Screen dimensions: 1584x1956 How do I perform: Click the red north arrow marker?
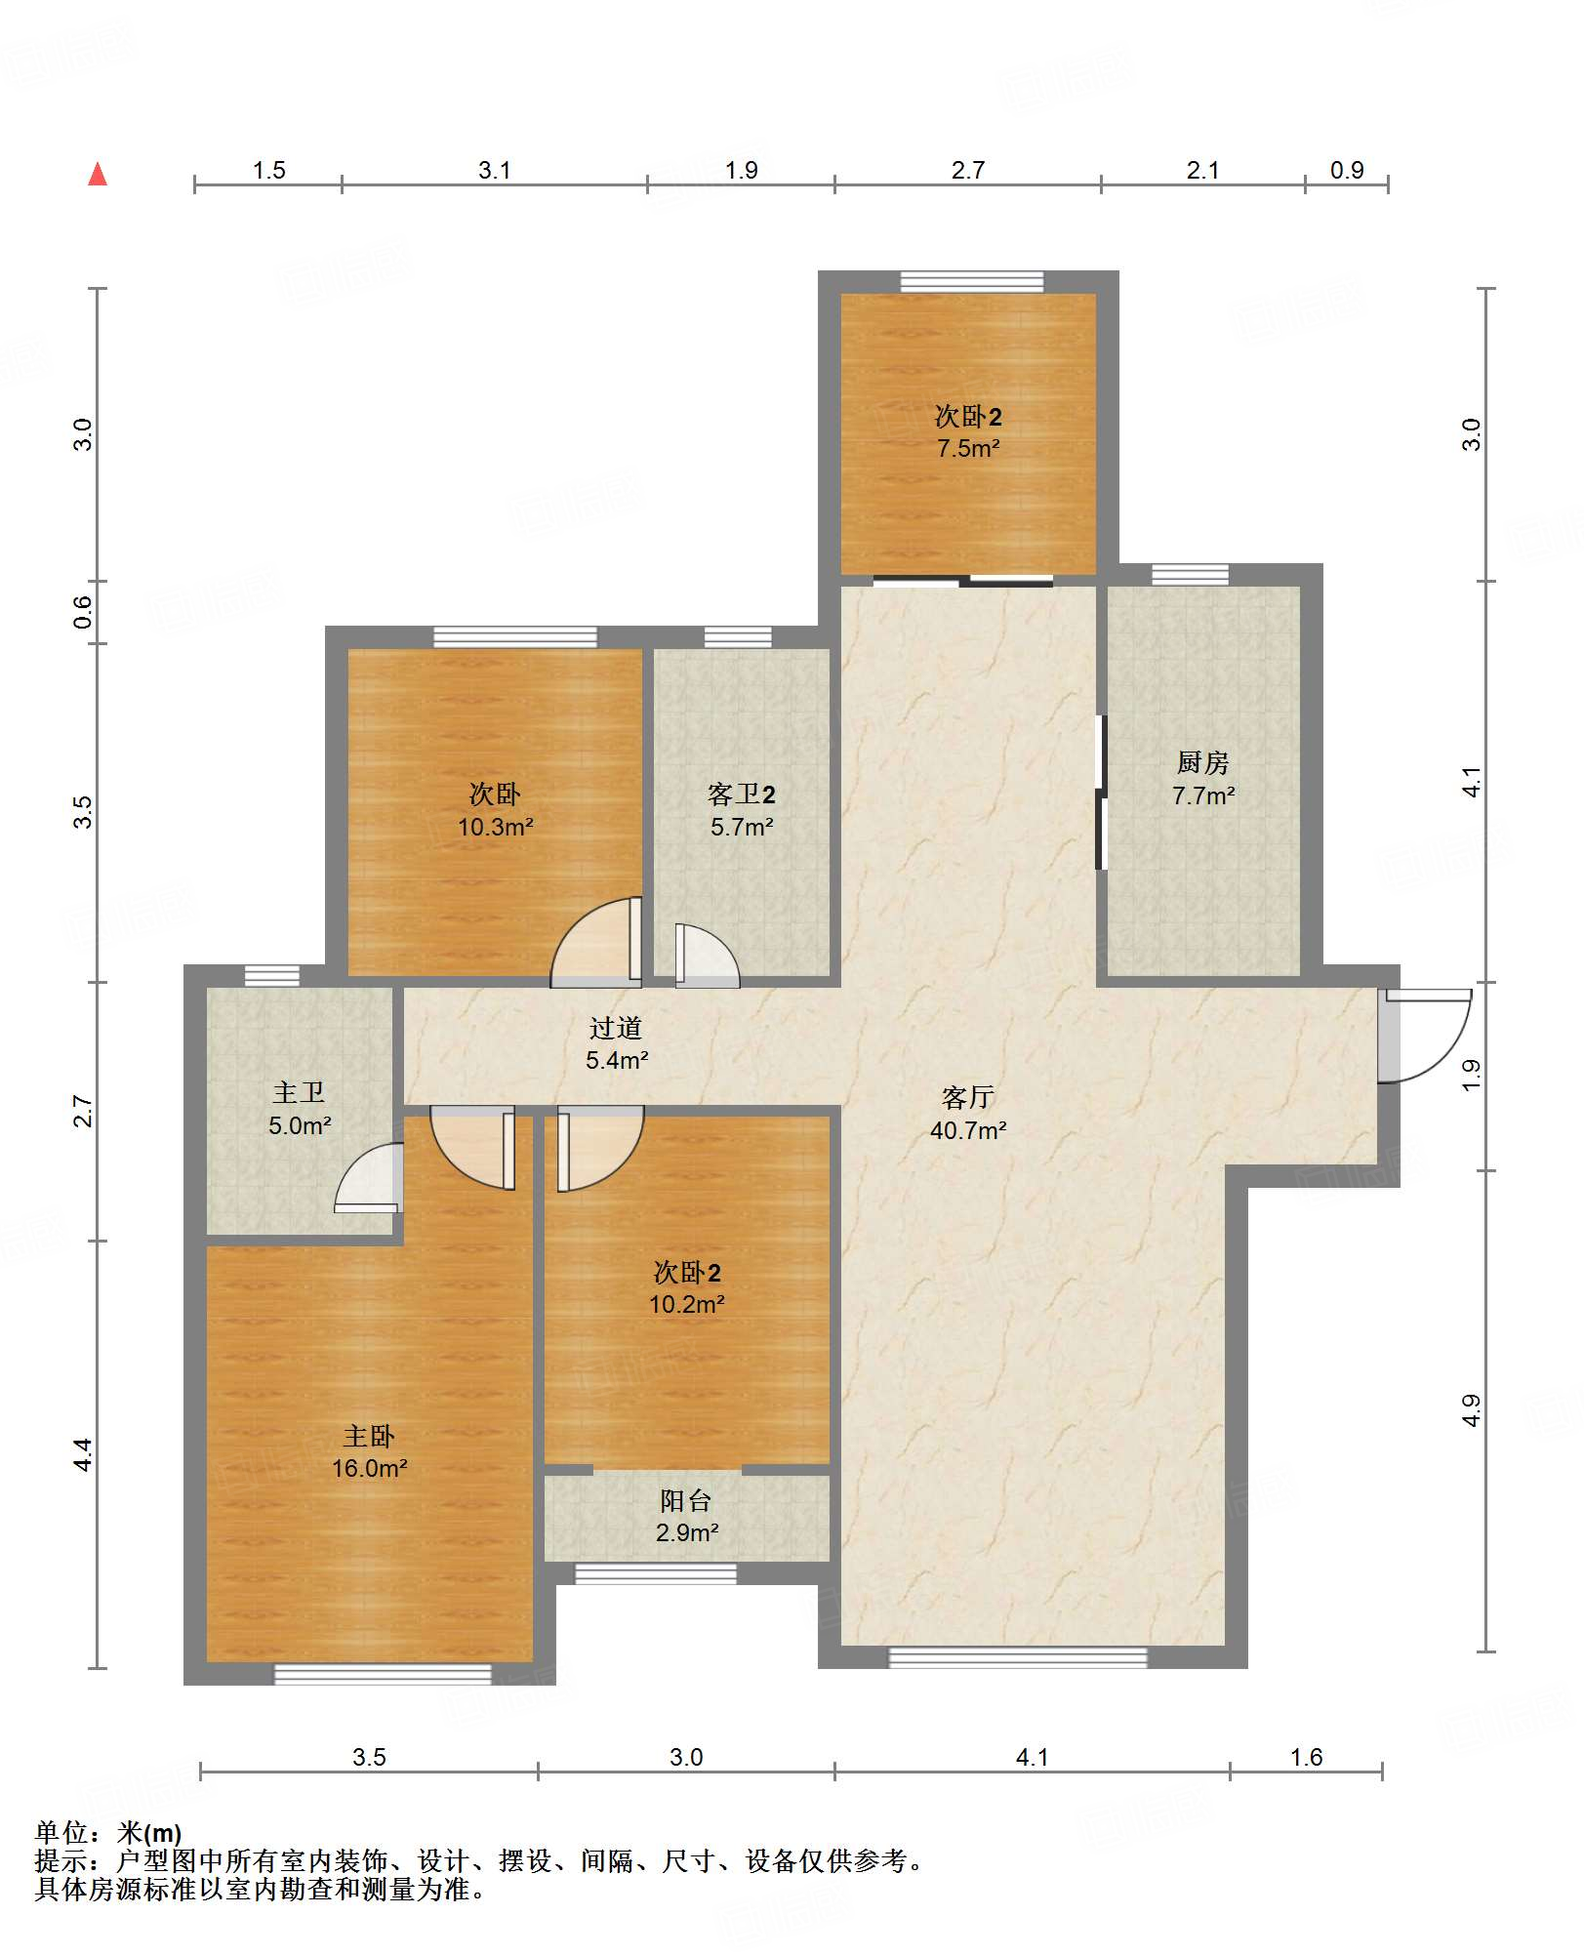[x=98, y=175]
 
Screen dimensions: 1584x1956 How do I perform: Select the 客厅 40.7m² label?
[x=968, y=1114]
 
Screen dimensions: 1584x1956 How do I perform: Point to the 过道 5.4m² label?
[x=617, y=1043]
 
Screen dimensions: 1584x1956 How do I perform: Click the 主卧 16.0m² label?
[x=369, y=1451]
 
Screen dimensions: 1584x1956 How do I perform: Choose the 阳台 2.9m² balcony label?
[x=686, y=1516]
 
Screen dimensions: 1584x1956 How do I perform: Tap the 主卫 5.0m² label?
[x=300, y=1109]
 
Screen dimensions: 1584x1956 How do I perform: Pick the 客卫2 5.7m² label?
[x=742, y=810]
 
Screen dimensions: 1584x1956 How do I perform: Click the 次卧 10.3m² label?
[x=495, y=810]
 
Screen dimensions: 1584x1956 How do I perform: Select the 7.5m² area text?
[x=968, y=448]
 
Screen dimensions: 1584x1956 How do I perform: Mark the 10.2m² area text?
[x=686, y=1304]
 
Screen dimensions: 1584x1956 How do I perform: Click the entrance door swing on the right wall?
[x=1425, y=1036]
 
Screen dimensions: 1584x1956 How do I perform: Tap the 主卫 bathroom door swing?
[x=368, y=1178]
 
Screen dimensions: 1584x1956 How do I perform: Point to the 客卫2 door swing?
[x=708, y=956]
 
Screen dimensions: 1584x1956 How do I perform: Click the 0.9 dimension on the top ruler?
[x=1347, y=170]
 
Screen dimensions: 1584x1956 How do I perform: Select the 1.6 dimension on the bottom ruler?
[x=1306, y=1757]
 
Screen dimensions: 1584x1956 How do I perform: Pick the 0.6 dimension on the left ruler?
[x=83, y=612]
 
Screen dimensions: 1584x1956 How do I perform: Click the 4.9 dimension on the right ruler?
[x=1472, y=1410]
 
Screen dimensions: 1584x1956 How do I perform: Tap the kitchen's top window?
[x=1190, y=574]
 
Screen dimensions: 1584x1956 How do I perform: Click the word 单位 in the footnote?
[x=61, y=1833]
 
